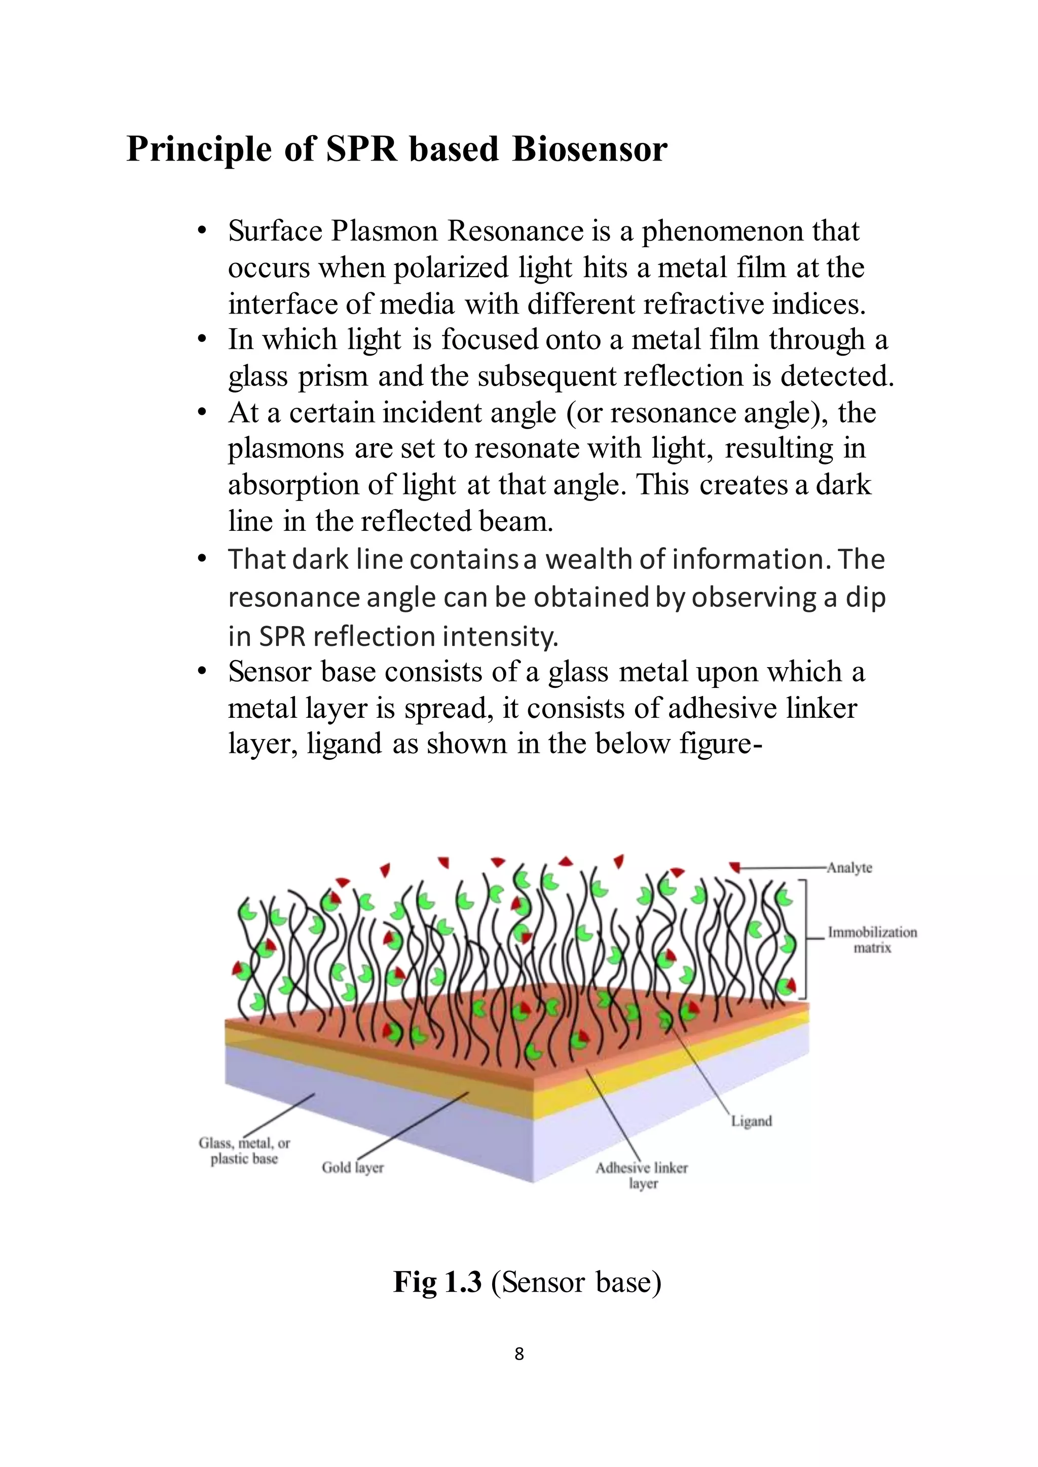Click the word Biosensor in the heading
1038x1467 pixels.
[x=589, y=149]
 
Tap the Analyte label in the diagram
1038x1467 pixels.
[x=849, y=868]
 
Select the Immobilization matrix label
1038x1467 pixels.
[x=872, y=940]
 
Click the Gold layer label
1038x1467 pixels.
[x=352, y=1168]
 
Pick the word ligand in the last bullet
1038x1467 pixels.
[x=344, y=744]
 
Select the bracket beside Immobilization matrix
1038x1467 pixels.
[x=803, y=939]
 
